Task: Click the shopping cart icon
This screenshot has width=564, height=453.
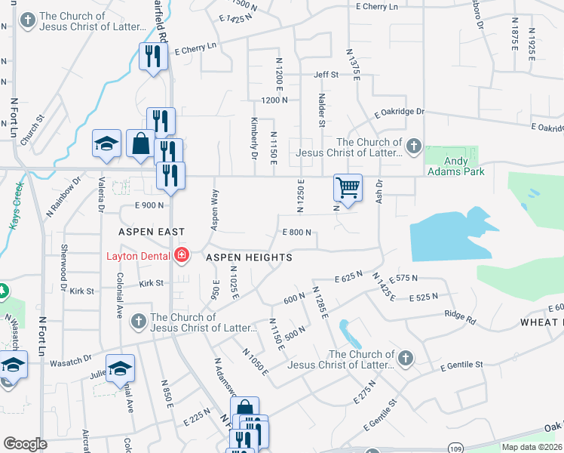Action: pyautogui.click(x=348, y=187)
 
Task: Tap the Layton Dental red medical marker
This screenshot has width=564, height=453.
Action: pyautogui.click(x=181, y=255)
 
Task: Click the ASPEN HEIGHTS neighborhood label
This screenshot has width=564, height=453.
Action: pyautogui.click(x=249, y=257)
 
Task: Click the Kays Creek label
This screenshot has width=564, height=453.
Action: pyautogui.click(x=17, y=205)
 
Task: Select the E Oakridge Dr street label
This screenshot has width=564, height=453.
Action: pyautogui.click(x=400, y=112)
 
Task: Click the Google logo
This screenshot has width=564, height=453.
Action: pyautogui.click(x=25, y=444)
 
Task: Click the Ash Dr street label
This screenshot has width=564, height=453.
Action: pyautogui.click(x=380, y=189)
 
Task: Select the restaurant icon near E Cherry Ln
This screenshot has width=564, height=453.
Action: pyautogui.click(x=153, y=57)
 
